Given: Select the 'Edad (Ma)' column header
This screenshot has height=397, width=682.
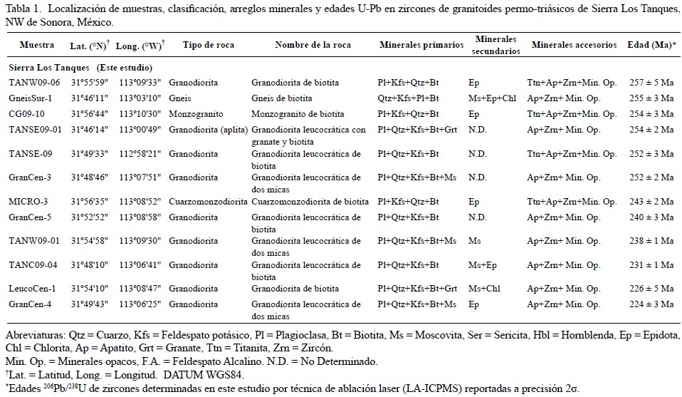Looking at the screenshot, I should click(x=651, y=45).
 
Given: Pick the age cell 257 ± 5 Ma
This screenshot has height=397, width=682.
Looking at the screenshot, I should click(x=653, y=83).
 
